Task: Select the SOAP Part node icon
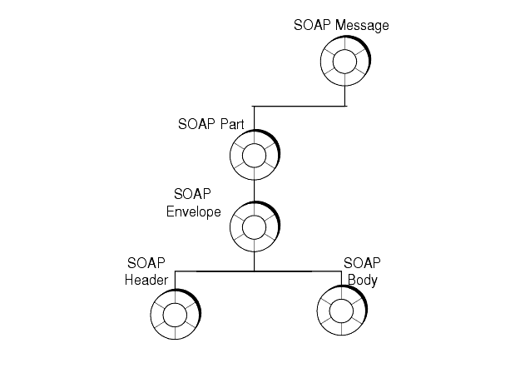[254, 156]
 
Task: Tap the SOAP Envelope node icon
[254, 226]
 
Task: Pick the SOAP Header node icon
[175, 314]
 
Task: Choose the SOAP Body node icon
[341, 314]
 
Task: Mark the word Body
[362, 280]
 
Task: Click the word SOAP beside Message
[311, 25]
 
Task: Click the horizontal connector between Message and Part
[300, 107]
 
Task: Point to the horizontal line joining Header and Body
[254, 271]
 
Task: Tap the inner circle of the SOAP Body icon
[341, 314]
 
